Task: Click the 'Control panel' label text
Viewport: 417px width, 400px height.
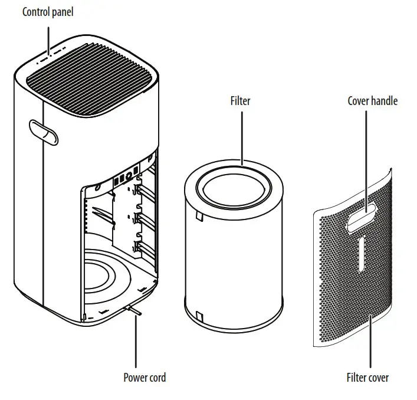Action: point(48,12)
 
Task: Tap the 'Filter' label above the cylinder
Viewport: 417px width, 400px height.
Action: point(240,101)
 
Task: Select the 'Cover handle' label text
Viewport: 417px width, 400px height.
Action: point(372,101)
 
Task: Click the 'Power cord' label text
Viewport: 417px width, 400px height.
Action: point(145,378)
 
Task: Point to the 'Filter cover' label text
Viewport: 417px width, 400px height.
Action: point(367,378)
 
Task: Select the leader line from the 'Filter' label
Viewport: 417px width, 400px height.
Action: point(241,136)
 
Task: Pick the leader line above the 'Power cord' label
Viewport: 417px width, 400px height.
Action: point(136,342)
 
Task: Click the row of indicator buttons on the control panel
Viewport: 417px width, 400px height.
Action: point(51,57)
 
